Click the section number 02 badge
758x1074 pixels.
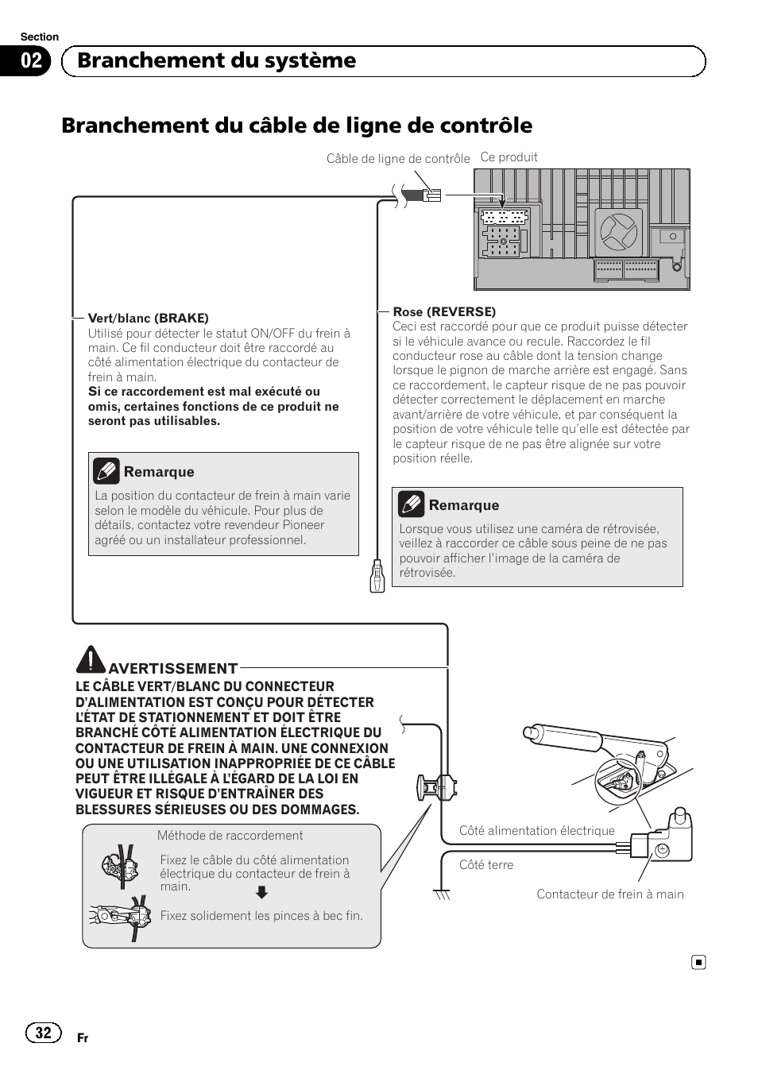coord(31,61)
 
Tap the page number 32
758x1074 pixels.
coord(43,1032)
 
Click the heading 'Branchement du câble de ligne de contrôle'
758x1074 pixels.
coord(296,126)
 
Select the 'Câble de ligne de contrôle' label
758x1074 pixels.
coord(398,159)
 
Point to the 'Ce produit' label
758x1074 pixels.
coord(509,157)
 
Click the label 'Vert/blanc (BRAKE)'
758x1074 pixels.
coord(148,318)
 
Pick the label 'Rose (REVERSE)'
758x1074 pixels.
coord(444,311)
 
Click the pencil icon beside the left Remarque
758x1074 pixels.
coord(106,471)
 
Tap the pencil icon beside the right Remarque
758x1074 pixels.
coord(411,504)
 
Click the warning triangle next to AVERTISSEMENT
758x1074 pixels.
coord(91,659)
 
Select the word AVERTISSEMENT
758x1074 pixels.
coord(172,669)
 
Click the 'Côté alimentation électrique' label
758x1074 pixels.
coord(536,831)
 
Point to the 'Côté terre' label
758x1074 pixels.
coord(485,865)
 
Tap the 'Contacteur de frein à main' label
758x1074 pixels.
coord(609,894)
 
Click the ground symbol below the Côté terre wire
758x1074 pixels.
coord(442,894)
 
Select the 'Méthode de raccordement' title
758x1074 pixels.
coord(230,836)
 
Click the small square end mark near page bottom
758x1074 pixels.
coord(698,963)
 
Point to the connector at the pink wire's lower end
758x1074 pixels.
coord(377,576)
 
